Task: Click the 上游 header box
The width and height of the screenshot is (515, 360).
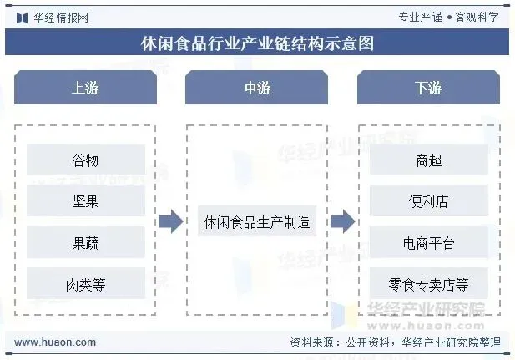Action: pyautogui.click(x=85, y=88)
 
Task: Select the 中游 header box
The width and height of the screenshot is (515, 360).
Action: pyautogui.click(x=256, y=88)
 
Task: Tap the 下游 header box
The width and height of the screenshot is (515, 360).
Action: pyautogui.click(x=428, y=88)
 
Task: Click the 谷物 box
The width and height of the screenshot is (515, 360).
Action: pyautogui.click(x=85, y=160)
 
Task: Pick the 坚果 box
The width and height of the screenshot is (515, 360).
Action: pyautogui.click(x=85, y=201)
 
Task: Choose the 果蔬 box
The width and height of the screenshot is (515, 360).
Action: pyautogui.click(x=85, y=243)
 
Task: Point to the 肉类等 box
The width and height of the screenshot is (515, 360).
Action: pyautogui.click(x=85, y=285)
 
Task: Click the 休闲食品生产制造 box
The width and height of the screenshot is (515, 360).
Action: pyautogui.click(x=256, y=222)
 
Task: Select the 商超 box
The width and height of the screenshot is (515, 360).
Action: pyautogui.click(x=428, y=160)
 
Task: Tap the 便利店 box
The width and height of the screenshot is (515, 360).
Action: pyautogui.click(x=428, y=201)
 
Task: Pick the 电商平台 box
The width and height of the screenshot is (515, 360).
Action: pyautogui.click(x=428, y=243)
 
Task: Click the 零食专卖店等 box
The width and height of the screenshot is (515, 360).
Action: pyautogui.click(x=428, y=285)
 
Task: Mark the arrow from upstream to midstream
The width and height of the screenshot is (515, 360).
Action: pyautogui.click(x=170, y=222)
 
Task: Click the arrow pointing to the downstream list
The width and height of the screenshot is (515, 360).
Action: pyautogui.click(x=342, y=222)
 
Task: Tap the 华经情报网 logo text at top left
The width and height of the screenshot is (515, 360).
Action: pyautogui.click(x=60, y=17)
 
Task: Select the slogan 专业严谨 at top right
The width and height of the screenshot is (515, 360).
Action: pyautogui.click(x=420, y=17)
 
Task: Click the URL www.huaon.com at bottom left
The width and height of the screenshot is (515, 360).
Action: pyautogui.click(x=55, y=342)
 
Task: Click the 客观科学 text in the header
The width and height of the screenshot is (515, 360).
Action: pyautogui.click(x=477, y=17)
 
